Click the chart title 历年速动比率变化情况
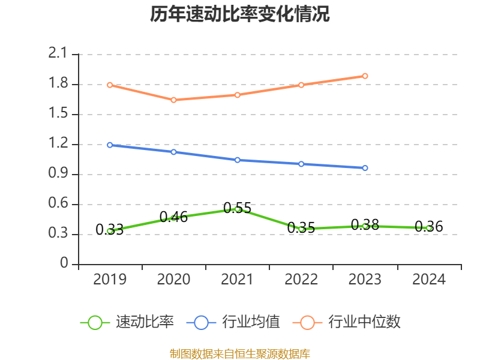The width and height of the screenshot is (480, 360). [240, 14]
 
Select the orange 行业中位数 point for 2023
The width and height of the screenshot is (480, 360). [365, 76]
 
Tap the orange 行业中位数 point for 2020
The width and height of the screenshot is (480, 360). [173, 100]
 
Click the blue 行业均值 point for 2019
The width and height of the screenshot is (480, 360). [110, 145]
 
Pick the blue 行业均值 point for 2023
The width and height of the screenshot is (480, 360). [365, 168]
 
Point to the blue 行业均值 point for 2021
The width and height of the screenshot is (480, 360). [238, 160]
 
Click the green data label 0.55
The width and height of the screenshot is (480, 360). [238, 208]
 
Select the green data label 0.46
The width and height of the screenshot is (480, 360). [173, 217]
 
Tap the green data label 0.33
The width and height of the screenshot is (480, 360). [110, 229]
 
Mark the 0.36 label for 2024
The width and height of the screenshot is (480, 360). [429, 227]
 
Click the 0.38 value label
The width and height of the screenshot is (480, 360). [365, 225]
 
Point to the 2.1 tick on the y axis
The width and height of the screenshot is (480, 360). [59, 54]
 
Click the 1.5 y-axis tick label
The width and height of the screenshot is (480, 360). [59, 114]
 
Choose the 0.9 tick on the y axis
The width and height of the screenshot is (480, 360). [59, 174]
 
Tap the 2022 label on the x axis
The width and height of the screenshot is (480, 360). [301, 280]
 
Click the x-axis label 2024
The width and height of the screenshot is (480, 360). [429, 280]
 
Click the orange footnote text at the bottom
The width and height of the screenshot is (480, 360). [240, 353]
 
